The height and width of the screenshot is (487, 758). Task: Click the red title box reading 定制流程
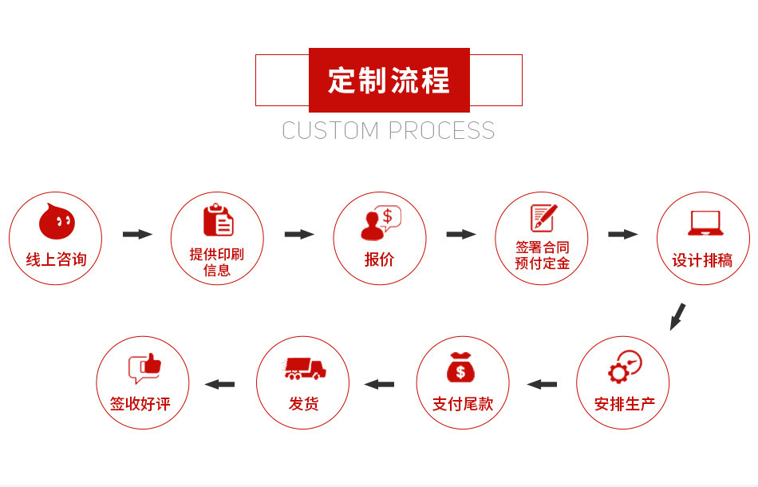point(389,80)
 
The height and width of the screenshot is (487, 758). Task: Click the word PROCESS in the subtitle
point(442,130)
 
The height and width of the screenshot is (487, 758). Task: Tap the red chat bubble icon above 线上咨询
point(57,221)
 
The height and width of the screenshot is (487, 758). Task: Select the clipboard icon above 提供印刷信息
point(218,220)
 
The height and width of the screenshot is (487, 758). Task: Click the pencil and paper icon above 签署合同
point(543,218)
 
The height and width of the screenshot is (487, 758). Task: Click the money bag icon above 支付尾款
point(462,367)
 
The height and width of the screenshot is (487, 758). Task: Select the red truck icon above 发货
point(304,368)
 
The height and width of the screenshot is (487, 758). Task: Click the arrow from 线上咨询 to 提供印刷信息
point(137,234)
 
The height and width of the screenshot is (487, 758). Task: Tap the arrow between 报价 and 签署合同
point(461,234)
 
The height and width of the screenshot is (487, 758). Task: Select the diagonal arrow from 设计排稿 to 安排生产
point(677,316)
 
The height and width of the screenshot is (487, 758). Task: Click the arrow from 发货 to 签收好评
point(219,384)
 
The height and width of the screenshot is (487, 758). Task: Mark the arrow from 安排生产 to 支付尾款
point(542,384)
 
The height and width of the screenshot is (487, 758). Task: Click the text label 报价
point(380,259)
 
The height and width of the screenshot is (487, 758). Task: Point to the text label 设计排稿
point(702,259)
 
